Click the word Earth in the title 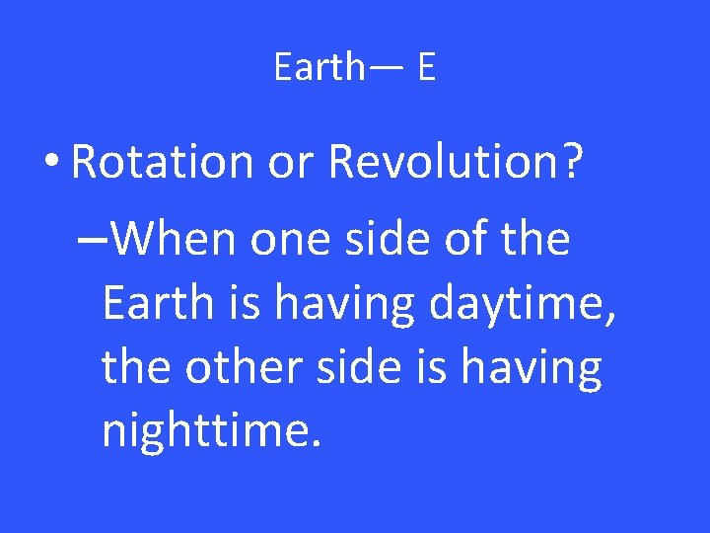(x=319, y=67)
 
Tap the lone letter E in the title (x=426, y=67)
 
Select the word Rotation (x=162, y=160)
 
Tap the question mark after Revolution (x=570, y=160)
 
